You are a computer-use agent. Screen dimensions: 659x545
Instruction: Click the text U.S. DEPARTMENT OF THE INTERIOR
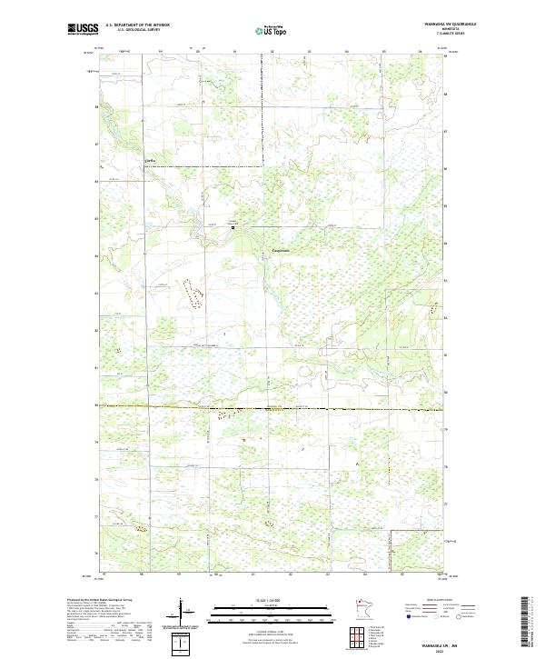(x=137, y=25)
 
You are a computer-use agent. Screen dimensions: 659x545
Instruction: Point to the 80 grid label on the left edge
(x=96, y=405)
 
